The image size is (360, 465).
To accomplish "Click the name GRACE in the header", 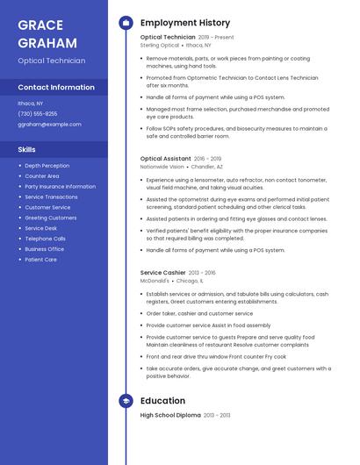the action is point(40,24).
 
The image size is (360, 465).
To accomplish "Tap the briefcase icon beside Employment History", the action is point(126,23).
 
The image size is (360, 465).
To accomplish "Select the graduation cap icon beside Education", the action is point(126,401).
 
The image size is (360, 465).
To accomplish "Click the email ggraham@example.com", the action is point(49,125).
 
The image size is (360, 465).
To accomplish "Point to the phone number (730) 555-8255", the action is point(38,114).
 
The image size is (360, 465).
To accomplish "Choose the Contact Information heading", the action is point(56,88).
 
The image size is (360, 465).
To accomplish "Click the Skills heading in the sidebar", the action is point(26,149).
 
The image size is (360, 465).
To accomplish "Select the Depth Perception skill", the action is point(47,166).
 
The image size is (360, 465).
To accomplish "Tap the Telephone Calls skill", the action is point(45,239).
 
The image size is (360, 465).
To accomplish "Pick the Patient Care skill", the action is point(40,260).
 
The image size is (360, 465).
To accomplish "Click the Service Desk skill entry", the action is point(40,228).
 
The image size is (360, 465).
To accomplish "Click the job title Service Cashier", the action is point(163,273).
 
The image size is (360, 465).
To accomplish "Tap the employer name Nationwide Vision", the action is point(162,166).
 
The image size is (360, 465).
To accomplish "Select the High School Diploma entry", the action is point(172,414).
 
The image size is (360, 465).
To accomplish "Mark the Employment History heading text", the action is point(185,23).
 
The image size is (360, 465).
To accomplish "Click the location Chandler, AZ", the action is point(207,166).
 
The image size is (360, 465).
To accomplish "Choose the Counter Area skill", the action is point(42,176).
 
